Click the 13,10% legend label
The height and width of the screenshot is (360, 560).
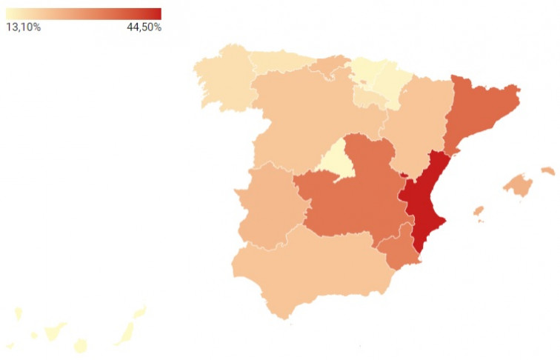[23, 27]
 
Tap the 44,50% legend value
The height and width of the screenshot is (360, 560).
[144, 27]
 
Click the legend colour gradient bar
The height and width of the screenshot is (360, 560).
[83, 13]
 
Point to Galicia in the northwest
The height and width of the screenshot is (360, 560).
[221, 78]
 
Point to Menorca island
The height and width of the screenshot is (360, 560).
[547, 171]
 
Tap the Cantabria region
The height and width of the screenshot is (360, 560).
[327, 66]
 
